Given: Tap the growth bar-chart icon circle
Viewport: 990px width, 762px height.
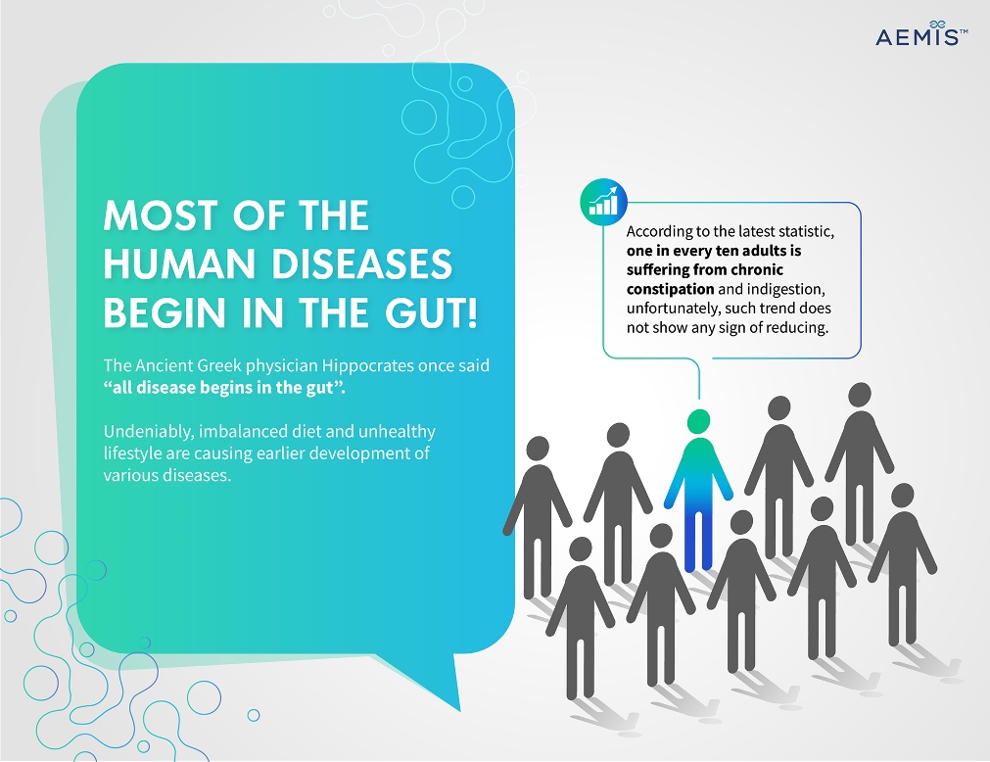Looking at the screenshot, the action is pyautogui.click(x=603, y=202).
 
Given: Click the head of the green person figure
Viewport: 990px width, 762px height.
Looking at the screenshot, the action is pyautogui.click(x=699, y=421).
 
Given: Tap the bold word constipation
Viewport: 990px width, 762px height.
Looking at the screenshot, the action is pyautogui.click(x=670, y=289).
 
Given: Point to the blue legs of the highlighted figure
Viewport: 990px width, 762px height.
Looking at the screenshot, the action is pyautogui.click(x=698, y=540).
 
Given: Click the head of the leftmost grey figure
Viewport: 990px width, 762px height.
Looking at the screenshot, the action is pyautogui.click(x=538, y=449).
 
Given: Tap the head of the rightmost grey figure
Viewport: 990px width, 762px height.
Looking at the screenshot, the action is pyautogui.click(x=902, y=496).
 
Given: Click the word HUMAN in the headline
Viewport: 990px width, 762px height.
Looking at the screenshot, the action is pyautogui.click(x=181, y=263).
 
